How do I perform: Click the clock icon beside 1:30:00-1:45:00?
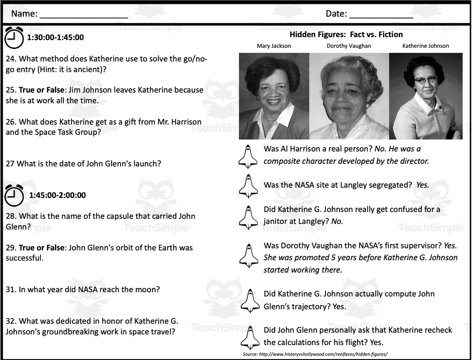(x=13, y=38)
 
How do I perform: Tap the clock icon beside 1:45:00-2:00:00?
(x=13, y=195)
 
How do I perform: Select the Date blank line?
(x=381, y=15)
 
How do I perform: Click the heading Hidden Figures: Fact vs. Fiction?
(x=346, y=35)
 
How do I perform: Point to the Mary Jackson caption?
(x=274, y=46)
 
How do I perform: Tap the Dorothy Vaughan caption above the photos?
(x=349, y=46)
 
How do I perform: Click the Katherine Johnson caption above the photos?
(x=425, y=46)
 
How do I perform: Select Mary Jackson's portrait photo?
(x=274, y=96)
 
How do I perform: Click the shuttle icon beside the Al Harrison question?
(x=249, y=156)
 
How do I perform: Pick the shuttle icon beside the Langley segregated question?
(x=249, y=185)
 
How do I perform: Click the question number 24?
(x=11, y=59)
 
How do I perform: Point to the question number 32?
(x=11, y=321)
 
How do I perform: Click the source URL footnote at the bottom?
(x=315, y=354)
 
